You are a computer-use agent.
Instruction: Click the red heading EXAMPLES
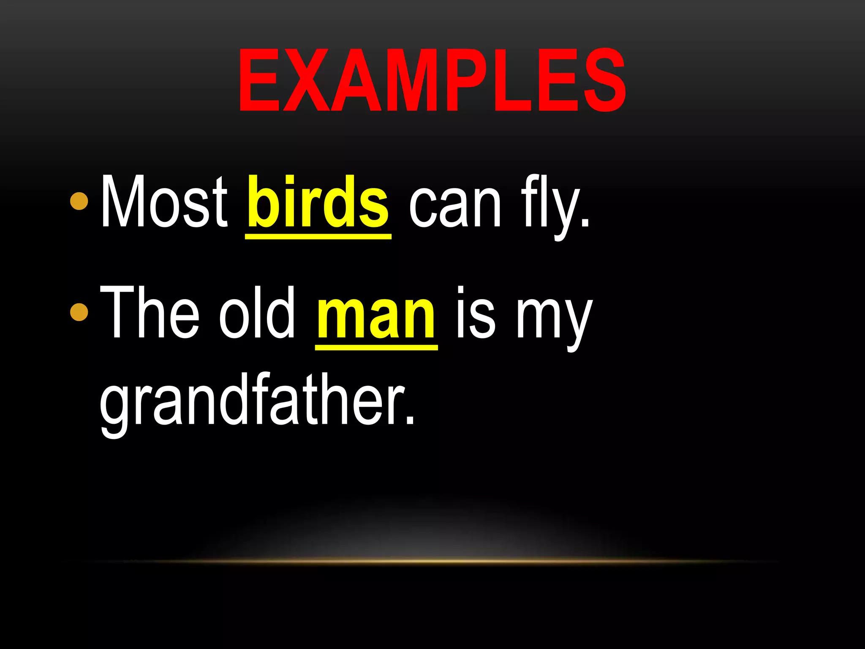(x=432, y=80)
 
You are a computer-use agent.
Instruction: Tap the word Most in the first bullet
(x=164, y=202)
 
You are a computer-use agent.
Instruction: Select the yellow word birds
(x=318, y=202)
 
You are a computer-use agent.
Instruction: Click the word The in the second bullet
(x=150, y=313)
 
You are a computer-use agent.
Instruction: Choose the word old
(x=257, y=313)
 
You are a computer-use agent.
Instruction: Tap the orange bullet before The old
(x=79, y=312)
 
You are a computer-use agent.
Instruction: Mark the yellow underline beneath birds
(x=318, y=237)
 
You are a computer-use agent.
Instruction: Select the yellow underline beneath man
(x=376, y=347)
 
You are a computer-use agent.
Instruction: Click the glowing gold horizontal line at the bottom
(x=432, y=561)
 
